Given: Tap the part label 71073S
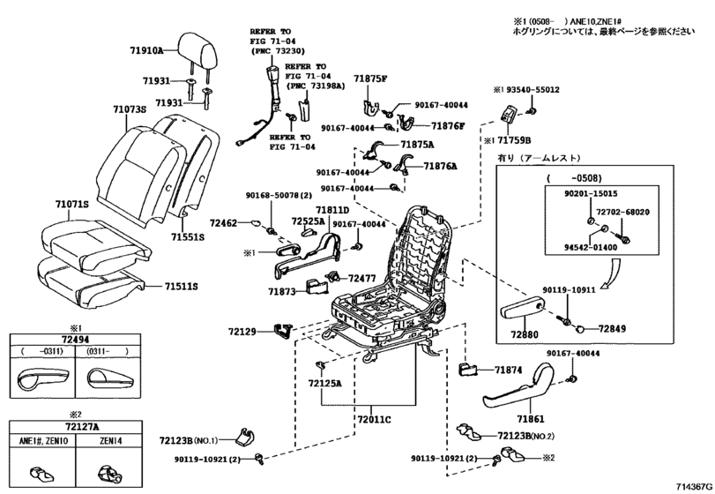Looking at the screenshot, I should pyautogui.click(x=129, y=110).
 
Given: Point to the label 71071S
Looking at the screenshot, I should pyautogui.click(x=72, y=204).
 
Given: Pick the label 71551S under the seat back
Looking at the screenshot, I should pyautogui.click(x=188, y=237).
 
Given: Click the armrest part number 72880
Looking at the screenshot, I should pyautogui.click(x=522, y=336).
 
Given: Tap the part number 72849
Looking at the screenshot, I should pyautogui.click(x=612, y=328).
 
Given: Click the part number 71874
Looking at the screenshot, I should pyautogui.click(x=509, y=370).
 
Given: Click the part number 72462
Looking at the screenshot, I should pyautogui.click(x=224, y=225).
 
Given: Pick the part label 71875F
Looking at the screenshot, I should pyautogui.click(x=370, y=79).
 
